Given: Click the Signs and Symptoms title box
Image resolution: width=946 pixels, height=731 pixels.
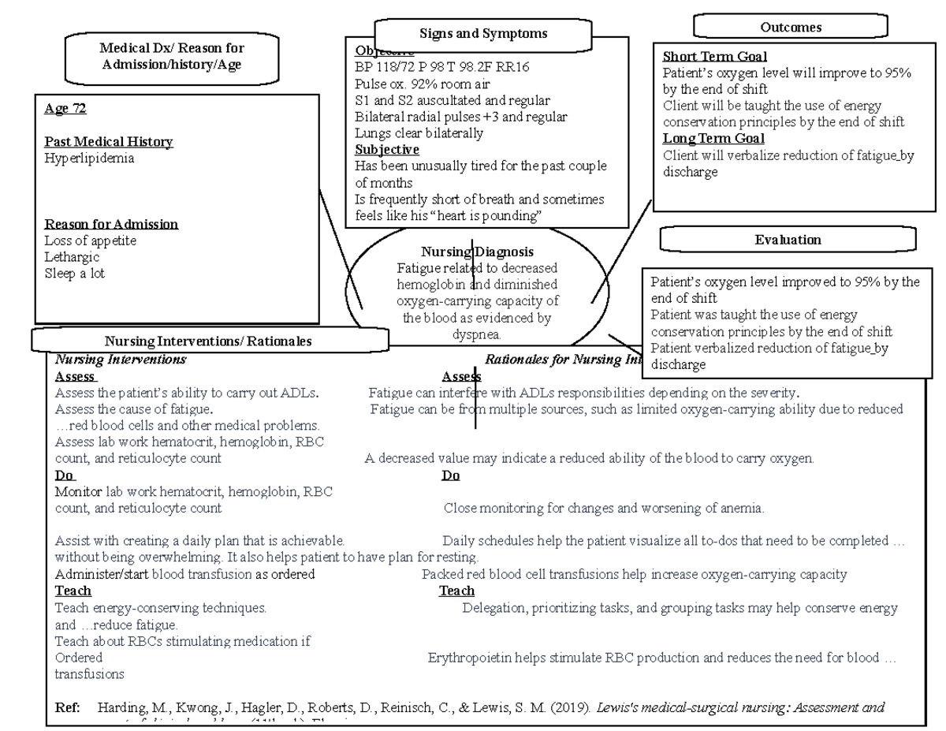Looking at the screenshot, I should pos(484,34).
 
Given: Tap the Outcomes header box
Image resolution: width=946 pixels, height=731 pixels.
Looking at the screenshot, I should pos(791,27).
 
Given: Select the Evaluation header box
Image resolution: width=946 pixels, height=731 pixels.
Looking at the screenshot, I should pos(788,240).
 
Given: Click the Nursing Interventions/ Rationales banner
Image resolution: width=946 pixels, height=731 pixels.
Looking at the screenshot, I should pos(209,341).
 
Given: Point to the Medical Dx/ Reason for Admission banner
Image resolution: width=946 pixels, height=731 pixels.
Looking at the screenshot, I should pos(172,57).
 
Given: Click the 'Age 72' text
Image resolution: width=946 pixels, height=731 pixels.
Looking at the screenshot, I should pos(65,109).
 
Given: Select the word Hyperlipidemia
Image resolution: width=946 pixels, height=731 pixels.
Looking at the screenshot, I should pos(89,159).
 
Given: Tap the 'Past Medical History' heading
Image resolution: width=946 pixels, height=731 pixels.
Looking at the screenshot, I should pos(109,142).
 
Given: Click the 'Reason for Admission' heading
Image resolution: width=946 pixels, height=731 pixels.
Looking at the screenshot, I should pos(111,224).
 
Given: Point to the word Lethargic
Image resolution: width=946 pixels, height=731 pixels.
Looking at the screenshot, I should pos(72,257).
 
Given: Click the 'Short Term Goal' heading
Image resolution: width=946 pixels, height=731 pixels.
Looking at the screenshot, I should pos(714,56).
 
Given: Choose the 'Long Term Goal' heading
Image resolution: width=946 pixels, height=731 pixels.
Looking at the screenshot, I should pos(713,139).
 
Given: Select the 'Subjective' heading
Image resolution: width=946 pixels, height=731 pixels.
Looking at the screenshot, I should pos(387,149).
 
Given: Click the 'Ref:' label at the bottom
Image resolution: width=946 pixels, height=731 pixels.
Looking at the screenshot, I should pos(68,707).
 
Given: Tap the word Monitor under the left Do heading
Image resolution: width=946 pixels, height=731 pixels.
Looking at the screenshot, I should pos(79,492).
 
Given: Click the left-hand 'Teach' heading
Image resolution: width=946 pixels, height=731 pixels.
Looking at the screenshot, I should pos(73,591).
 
